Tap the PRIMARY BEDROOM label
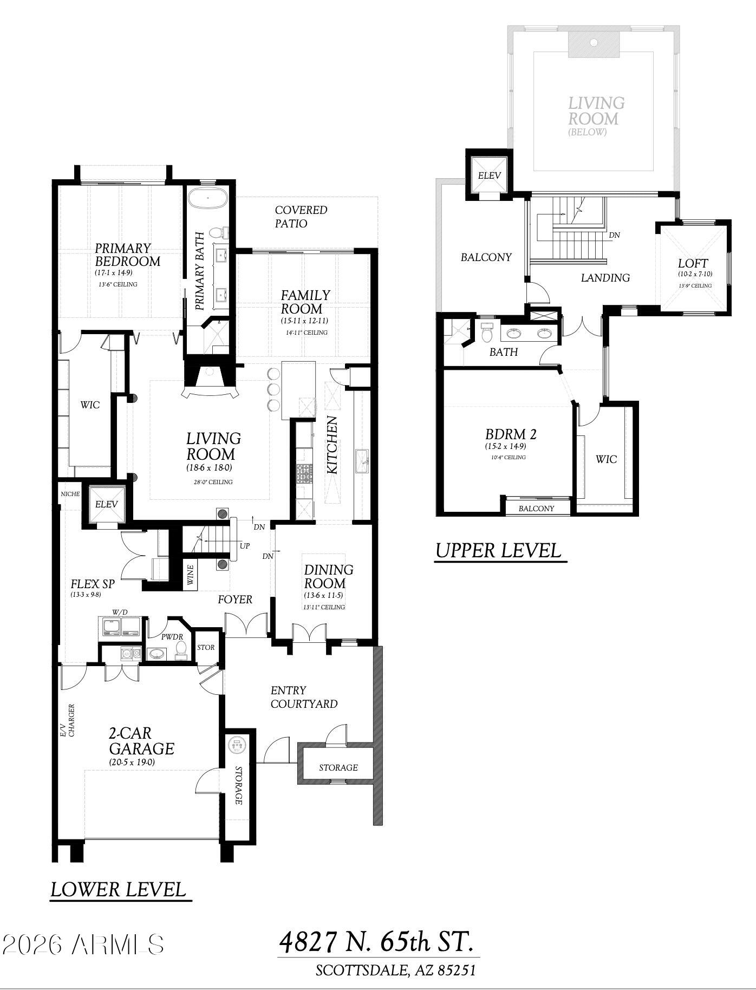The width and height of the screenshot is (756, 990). click(x=128, y=255)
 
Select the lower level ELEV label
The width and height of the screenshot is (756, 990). click(x=106, y=504)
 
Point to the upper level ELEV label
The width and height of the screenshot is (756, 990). click(x=489, y=175)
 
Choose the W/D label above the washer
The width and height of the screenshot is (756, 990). click(x=120, y=612)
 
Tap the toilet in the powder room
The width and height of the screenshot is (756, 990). click(x=181, y=649)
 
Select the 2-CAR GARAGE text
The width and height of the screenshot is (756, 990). click(x=141, y=741)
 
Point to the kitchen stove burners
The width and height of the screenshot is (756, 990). click(x=305, y=473)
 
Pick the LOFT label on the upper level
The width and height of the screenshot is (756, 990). click(x=693, y=263)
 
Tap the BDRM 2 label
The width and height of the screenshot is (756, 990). click(x=511, y=434)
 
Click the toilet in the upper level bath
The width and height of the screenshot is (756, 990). click(x=486, y=332)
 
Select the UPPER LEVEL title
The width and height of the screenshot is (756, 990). click(x=498, y=550)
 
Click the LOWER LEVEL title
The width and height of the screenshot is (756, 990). click(x=118, y=889)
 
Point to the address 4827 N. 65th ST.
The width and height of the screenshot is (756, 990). click(x=377, y=942)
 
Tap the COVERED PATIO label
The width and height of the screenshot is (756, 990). click(x=301, y=217)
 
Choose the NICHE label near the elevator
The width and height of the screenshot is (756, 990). click(x=70, y=494)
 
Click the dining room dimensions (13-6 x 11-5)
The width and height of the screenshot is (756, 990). click(x=324, y=595)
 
